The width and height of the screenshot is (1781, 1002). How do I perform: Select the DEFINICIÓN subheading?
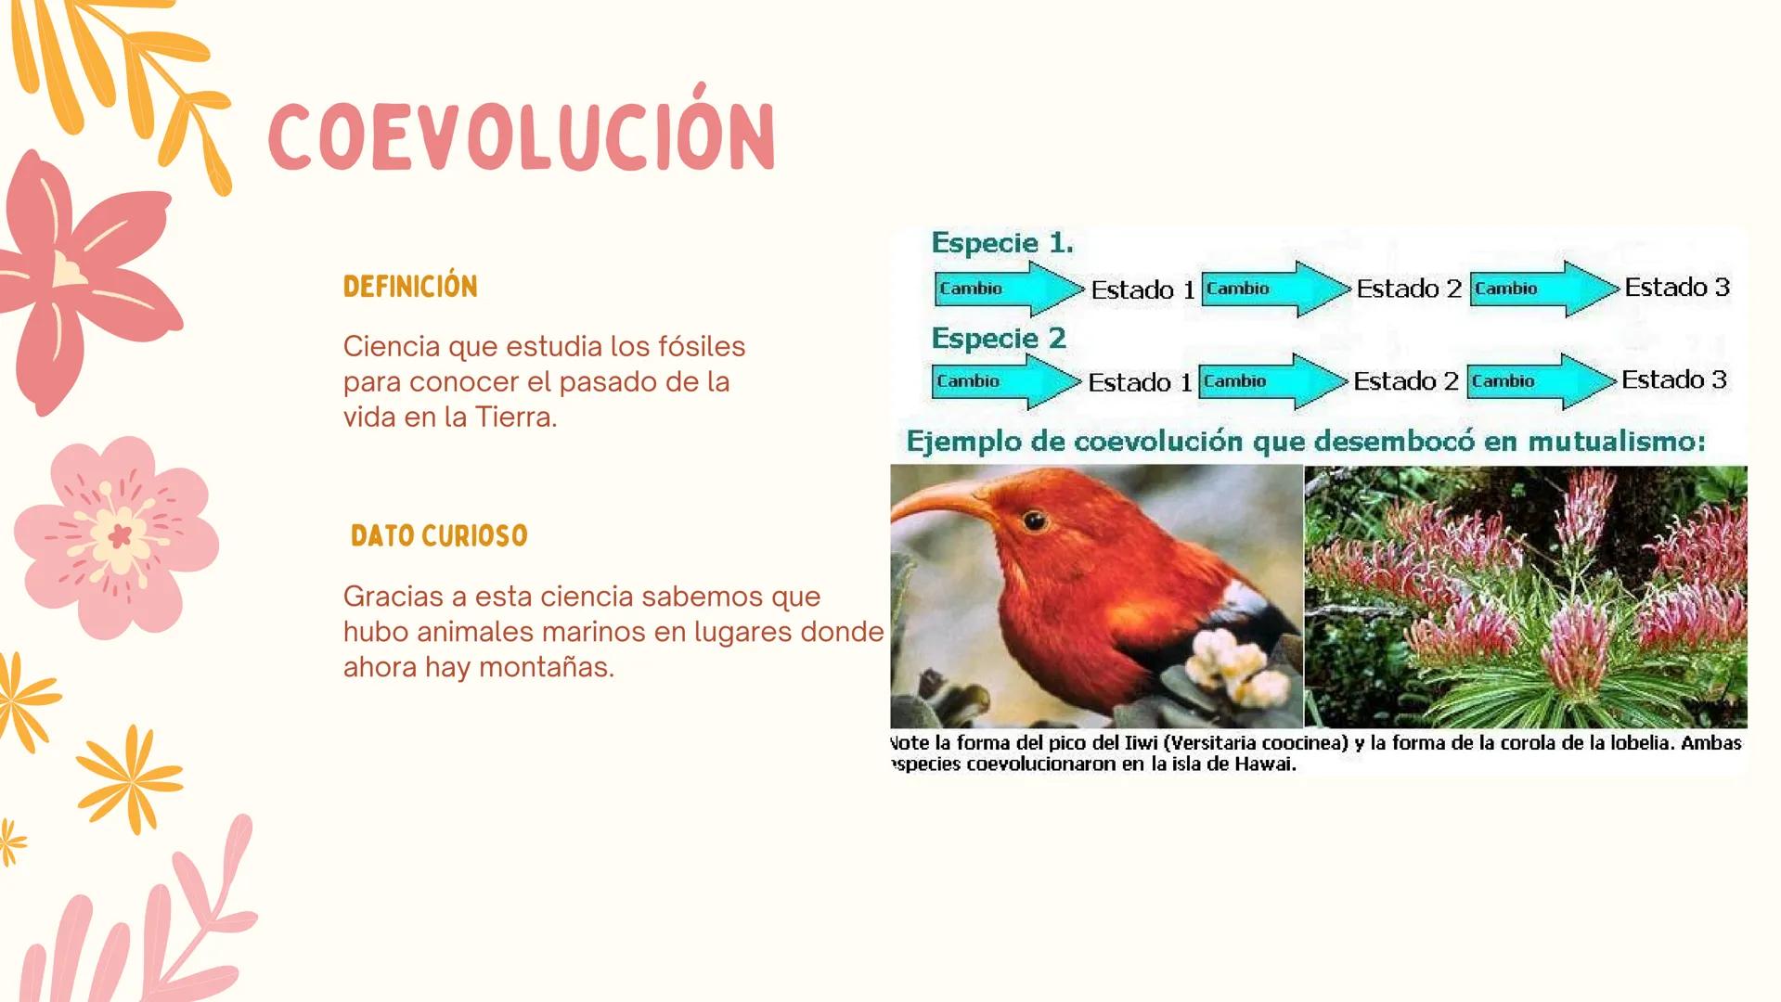click(410, 287)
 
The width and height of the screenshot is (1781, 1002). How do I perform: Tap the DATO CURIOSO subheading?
click(439, 536)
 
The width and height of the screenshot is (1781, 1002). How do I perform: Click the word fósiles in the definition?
click(702, 346)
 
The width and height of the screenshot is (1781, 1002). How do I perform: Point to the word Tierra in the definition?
click(515, 417)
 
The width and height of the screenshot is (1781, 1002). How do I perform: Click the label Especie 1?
click(1002, 243)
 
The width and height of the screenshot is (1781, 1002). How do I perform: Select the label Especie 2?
click(999, 339)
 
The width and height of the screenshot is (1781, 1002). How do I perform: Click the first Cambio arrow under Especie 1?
click(1008, 289)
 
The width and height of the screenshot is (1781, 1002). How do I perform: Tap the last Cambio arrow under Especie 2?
click(1541, 381)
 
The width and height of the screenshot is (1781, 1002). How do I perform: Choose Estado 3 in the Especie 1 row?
click(1677, 288)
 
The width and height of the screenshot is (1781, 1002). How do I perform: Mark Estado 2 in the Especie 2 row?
click(1406, 381)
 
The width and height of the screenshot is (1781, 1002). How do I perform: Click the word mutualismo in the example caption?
click(1616, 442)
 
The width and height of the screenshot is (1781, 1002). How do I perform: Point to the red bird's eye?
click(1034, 521)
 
